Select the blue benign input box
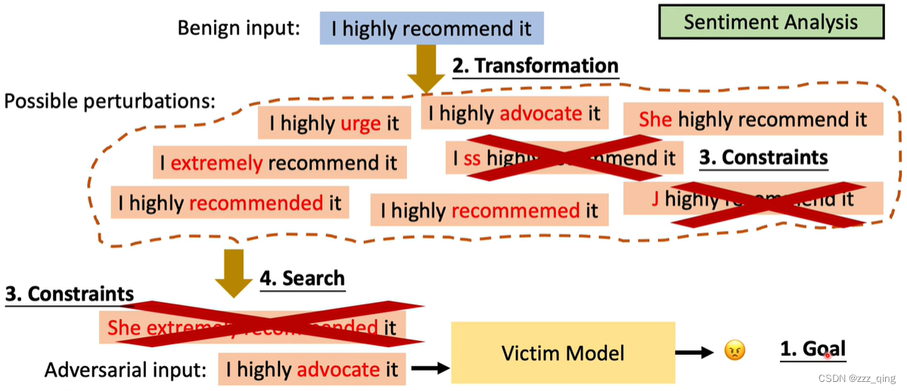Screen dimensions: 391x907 point(431,29)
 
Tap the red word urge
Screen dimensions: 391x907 point(360,123)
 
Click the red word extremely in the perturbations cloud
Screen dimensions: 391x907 point(216,163)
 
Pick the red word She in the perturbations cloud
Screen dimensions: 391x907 point(655,119)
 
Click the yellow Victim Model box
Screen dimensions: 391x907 point(563,352)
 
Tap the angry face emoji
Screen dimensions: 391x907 point(734,351)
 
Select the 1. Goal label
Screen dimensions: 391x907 point(812,349)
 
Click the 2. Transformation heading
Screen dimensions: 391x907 point(535,66)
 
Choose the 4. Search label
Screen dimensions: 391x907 point(302,278)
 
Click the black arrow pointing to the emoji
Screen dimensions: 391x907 point(694,352)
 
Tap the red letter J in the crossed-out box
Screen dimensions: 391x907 point(655,198)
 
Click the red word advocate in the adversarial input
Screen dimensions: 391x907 point(338,369)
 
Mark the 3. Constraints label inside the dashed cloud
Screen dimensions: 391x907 point(763,157)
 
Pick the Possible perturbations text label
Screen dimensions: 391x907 point(110,101)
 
